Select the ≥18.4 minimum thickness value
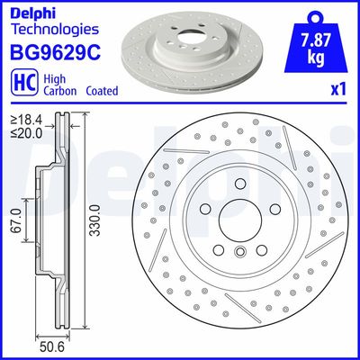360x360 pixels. pos(25,119)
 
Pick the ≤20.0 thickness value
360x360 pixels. pos(25,131)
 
